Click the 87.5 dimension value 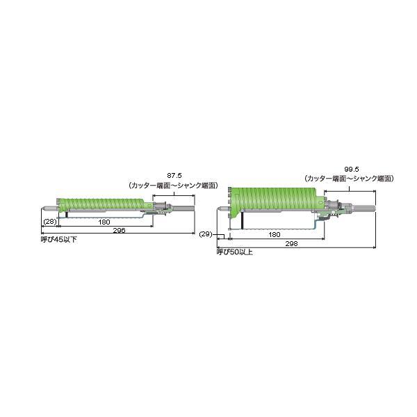tap(174, 176)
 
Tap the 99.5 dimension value tap(352, 169)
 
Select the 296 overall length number tap(119, 230)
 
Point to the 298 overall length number tap(291, 244)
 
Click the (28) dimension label tap(50, 221)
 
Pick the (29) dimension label tap(206, 234)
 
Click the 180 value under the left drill tap(104, 222)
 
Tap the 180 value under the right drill tap(275, 235)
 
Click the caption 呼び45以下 tap(59, 240)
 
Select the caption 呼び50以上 tap(235, 252)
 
